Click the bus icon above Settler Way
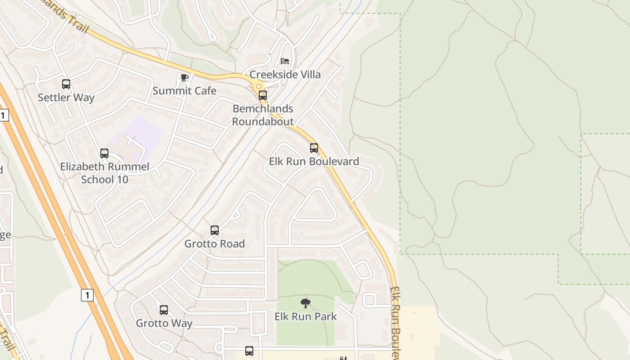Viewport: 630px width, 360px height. pyautogui.click(x=66, y=84)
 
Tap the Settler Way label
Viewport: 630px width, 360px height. pyautogui.click(x=66, y=98)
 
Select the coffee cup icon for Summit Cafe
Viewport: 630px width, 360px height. pyautogui.click(x=184, y=77)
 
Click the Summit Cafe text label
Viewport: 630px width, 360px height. pyautogui.click(x=184, y=91)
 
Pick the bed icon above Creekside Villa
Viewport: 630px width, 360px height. pyautogui.click(x=285, y=61)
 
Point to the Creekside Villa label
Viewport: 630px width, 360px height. pyautogui.click(x=285, y=75)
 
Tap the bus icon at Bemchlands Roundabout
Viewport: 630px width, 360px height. pyautogui.click(x=263, y=95)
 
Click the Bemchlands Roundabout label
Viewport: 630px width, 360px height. pyautogui.click(x=263, y=115)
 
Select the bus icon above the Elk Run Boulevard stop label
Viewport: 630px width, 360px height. pyautogui.click(x=314, y=148)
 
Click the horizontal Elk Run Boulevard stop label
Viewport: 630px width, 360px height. pyautogui.click(x=314, y=162)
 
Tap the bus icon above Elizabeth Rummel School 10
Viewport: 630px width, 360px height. pyautogui.click(x=104, y=153)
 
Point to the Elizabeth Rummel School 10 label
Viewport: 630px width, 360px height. pyautogui.click(x=105, y=173)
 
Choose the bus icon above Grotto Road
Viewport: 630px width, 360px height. pyautogui.click(x=215, y=230)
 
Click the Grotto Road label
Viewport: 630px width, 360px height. pyautogui.click(x=215, y=244)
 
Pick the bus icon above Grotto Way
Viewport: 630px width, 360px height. pyautogui.click(x=164, y=310)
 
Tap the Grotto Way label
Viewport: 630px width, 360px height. pyautogui.click(x=164, y=324)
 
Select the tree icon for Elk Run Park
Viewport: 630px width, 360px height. pyautogui.click(x=306, y=303)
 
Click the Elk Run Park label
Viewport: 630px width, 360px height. pyautogui.click(x=306, y=317)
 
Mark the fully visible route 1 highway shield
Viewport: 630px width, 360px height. pyautogui.click(x=87, y=295)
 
